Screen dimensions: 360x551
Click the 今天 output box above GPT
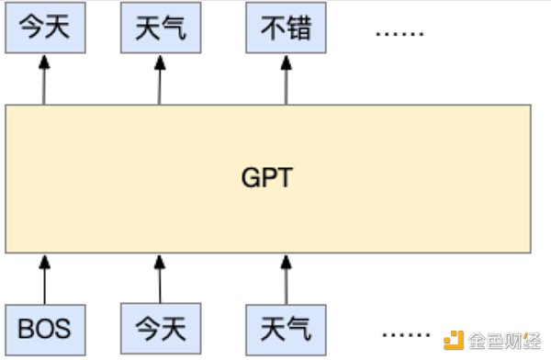(x=43, y=29)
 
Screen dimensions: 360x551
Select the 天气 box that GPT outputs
(x=160, y=29)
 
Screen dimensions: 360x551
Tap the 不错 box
(x=286, y=29)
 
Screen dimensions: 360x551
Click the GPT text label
(x=267, y=177)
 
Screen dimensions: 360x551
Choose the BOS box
(x=43, y=328)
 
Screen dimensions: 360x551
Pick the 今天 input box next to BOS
(x=160, y=328)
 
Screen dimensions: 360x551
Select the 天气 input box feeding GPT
(x=286, y=328)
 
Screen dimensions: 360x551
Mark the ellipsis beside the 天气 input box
(x=406, y=332)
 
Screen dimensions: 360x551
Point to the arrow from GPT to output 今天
(x=43, y=79)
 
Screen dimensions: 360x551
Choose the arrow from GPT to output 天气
(x=160, y=79)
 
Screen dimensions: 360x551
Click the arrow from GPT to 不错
(x=286, y=79)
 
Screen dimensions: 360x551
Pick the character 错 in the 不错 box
(x=298, y=29)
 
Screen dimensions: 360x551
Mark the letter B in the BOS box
(x=26, y=328)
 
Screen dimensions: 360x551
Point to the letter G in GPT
(x=249, y=177)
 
